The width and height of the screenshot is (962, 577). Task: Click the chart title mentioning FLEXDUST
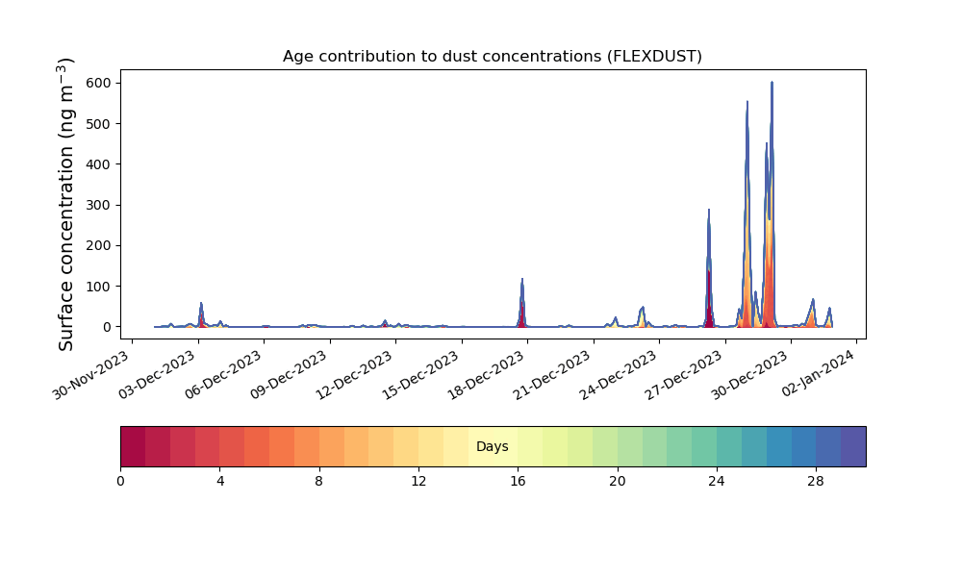pos(492,57)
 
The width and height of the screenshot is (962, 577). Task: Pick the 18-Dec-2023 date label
pos(487,374)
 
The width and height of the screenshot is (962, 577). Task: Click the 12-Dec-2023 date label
pos(355,374)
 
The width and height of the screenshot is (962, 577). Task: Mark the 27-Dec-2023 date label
pos(685,374)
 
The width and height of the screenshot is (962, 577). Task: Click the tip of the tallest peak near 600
pos(772,82)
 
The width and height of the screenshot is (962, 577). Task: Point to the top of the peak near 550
pos(747,102)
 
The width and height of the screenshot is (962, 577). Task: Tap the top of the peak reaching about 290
pos(709,210)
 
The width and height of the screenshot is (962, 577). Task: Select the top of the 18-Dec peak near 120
pos(522,279)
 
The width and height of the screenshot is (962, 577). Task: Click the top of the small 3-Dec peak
pos(201,303)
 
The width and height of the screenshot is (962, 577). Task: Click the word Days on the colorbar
pos(492,446)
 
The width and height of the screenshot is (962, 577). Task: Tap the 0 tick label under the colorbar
pos(120,482)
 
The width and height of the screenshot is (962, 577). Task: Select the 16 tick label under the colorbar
pos(518,482)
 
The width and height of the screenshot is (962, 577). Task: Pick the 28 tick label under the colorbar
pos(816,482)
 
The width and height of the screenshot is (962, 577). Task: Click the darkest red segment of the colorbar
pos(133,446)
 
